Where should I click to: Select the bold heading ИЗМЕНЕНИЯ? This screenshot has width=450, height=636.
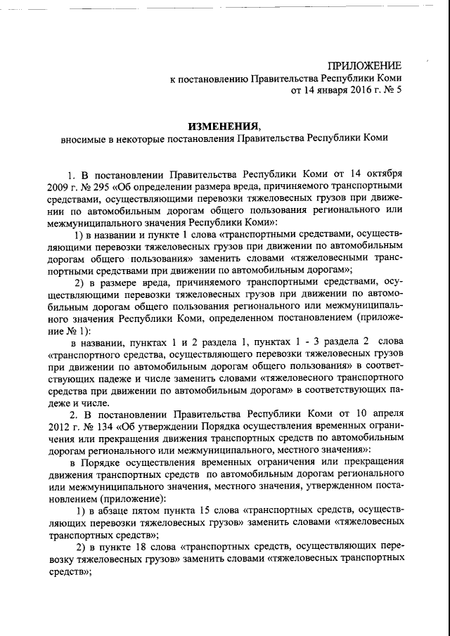223,126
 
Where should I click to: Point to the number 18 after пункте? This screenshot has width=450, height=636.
150,546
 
